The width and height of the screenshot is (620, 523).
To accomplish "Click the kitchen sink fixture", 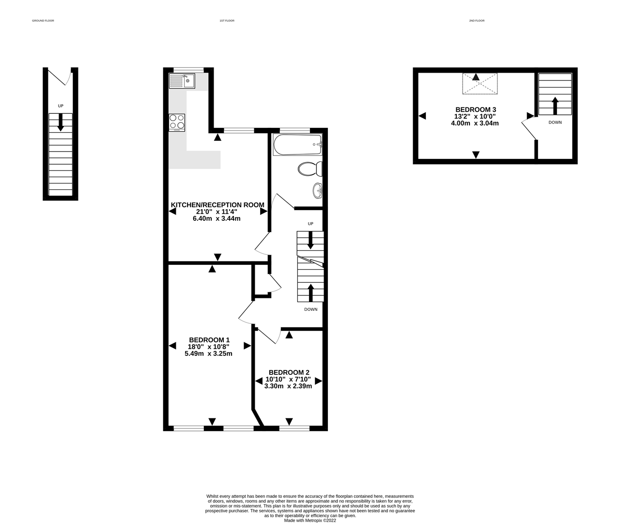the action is [182, 81].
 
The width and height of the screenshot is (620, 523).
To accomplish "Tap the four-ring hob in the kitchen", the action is [177, 123].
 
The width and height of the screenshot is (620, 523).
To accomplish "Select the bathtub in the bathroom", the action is [297, 145].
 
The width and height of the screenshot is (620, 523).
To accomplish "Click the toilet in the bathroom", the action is [310, 169].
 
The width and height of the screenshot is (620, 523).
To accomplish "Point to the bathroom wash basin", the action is [317, 190].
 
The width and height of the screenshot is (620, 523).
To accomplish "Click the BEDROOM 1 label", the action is [209, 340].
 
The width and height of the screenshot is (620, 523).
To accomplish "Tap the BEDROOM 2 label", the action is [289, 372].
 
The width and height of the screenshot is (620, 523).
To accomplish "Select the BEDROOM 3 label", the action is [476, 109].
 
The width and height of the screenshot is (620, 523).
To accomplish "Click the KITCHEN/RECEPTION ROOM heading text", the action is [217, 205].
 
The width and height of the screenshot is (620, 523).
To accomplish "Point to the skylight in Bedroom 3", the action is [480, 84].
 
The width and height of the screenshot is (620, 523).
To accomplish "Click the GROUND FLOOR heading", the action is [43, 21].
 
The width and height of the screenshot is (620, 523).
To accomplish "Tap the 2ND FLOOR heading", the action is [477, 21].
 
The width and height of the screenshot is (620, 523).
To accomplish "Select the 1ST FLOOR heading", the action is [227, 21].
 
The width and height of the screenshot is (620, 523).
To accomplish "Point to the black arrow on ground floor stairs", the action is [61, 123].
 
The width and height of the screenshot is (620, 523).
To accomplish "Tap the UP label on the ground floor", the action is [61, 106].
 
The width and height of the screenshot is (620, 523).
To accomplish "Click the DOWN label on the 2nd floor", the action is [555, 123].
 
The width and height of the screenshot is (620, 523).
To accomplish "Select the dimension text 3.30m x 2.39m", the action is [288, 386].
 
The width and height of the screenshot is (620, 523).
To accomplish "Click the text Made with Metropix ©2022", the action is [310, 520].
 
